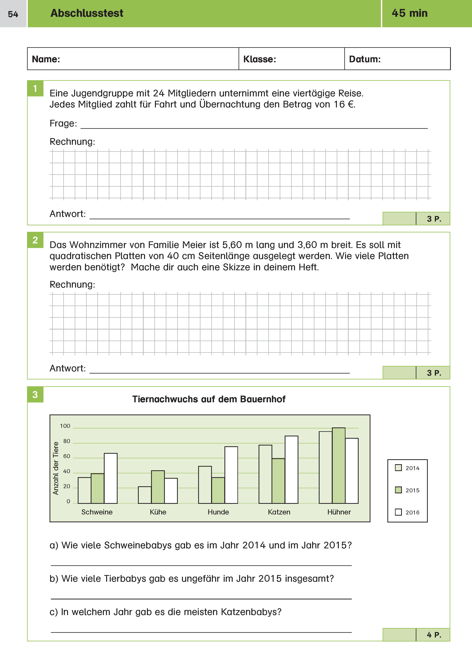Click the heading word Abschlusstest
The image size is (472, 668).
[x=87, y=13]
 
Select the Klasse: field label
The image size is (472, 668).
[x=260, y=59]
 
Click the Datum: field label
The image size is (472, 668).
[x=365, y=59]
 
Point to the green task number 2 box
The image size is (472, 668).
[x=35, y=240]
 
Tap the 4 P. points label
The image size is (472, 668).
[x=434, y=634]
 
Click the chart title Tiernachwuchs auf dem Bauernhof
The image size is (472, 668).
[x=209, y=399]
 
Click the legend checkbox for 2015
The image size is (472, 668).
[x=398, y=490]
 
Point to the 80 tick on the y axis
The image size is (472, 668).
[x=67, y=441]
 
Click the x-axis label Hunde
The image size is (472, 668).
[x=218, y=512]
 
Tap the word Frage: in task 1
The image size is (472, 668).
[x=63, y=123]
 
